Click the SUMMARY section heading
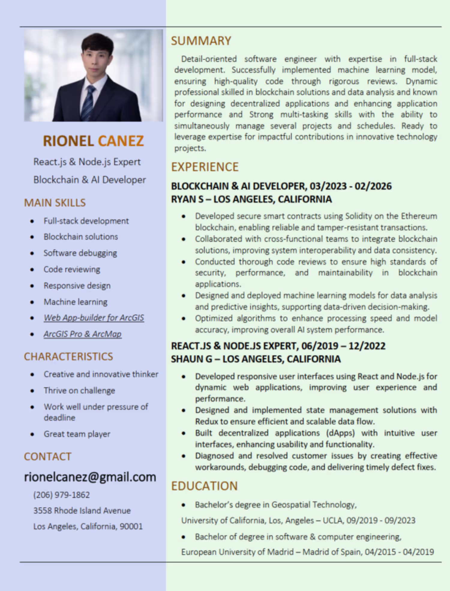[201, 41]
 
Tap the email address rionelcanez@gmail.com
[90, 477]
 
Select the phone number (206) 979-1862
[61, 495]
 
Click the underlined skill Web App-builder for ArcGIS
[94, 318]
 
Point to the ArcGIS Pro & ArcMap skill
[82, 334]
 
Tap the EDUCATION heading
[204, 486]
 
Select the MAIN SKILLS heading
[55, 203]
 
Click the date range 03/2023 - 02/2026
[351, 186]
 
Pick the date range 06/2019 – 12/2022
[343, 346]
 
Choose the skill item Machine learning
[76, 302]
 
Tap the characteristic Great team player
[77, 434]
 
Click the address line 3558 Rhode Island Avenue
[82, 510]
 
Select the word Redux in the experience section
[206, 422]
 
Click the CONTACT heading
[48, 457]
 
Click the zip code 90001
[131, 526]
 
